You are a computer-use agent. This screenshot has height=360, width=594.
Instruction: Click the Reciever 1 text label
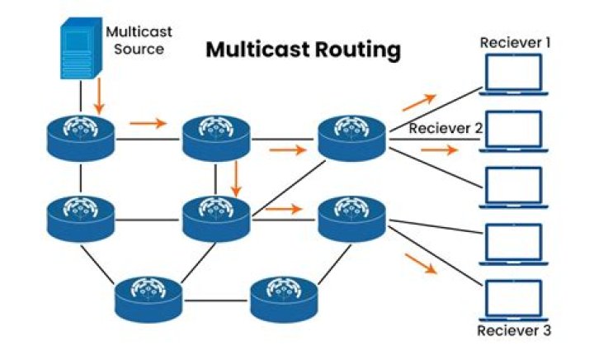516,42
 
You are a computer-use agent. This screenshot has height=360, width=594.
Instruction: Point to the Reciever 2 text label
445,128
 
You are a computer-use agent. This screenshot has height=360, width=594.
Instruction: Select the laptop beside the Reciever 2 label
513,130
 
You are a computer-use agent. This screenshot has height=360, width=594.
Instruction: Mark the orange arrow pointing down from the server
99,97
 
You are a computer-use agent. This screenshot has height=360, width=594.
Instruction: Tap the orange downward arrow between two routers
236,178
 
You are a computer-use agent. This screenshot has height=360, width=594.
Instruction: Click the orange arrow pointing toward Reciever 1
419,102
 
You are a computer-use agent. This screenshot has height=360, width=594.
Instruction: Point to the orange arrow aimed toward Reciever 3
421,263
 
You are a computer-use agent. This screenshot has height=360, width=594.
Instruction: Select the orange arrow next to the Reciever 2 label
438,150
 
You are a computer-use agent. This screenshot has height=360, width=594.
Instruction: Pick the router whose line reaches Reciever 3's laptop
353,218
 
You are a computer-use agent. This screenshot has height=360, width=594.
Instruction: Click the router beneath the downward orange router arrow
216,218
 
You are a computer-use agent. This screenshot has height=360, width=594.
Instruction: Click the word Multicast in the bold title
257,50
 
